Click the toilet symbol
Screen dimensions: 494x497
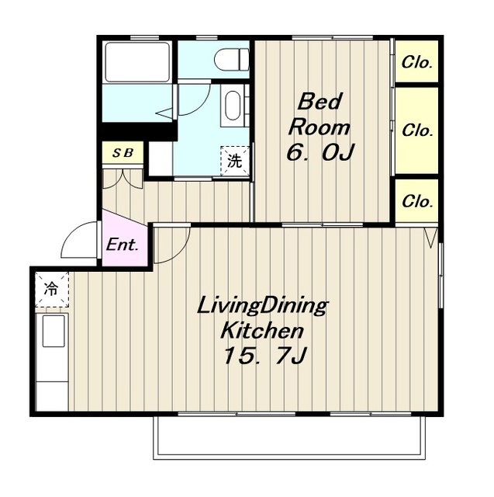tap(232, 59)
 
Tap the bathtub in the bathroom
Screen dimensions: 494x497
tap(137, 62)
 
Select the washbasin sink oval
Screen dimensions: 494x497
tap(233, 106)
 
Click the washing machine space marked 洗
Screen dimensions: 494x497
tap(235, 161)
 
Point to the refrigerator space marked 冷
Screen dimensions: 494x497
tap(52, 289)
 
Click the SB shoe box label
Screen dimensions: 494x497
tap(123, 153)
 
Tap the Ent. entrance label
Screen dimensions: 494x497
tap(123, 245)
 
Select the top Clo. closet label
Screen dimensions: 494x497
tap(416, 62)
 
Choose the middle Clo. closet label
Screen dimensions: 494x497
tap(417, 130)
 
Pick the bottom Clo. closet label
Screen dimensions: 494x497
tap(417, 201)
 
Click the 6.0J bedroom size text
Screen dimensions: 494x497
tap(320, 152)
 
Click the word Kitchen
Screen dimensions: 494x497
tap(262, 331)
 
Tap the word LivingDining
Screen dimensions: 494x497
tap(262, 307)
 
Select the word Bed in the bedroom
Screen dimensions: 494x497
tap(320, 102)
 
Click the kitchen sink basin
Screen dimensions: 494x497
tap(54, 331)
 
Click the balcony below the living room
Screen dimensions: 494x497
tap(288, 438)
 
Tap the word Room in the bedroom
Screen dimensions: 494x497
tap(319, 127)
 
